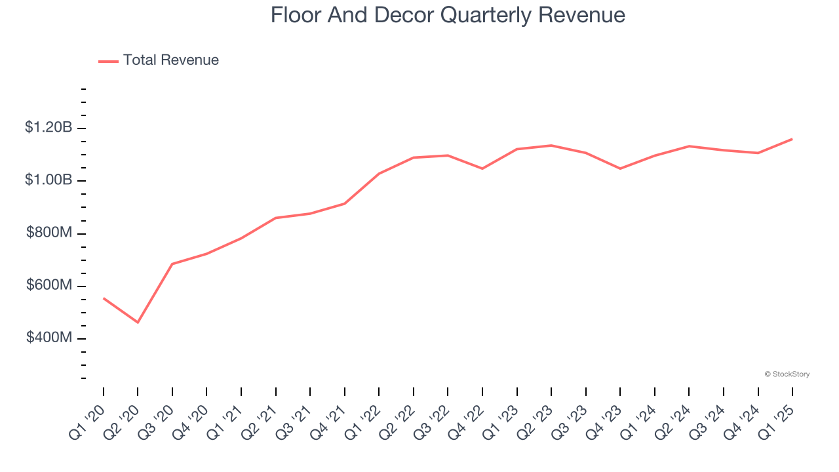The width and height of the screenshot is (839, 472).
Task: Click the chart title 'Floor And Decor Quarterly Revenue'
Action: tap(448, 15)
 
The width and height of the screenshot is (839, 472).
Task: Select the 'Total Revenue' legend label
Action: tap(170, 60)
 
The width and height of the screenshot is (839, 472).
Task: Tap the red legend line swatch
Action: tap(108, 61)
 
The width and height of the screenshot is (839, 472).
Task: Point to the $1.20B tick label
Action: tap(49, 128)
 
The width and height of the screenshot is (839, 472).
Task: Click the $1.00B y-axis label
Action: tap(49, 180)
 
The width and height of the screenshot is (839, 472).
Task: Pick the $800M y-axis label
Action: tap(49, 233)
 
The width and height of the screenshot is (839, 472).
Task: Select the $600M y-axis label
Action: tap(49, 286)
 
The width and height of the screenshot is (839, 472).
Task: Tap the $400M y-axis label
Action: tap(49, 338)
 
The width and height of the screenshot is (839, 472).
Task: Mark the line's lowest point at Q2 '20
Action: tap(138, 323)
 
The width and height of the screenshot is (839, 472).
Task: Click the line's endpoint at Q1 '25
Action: tap(792, 139)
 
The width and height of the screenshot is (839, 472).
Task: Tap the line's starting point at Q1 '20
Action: tap(104, 298)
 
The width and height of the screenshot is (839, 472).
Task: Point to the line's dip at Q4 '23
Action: tap(620, 168)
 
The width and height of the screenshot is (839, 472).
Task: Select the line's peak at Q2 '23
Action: tap(551, 146)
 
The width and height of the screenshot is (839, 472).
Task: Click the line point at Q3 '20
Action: tap(172, 264)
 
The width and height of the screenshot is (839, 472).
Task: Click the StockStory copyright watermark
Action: tap(787, 374)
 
